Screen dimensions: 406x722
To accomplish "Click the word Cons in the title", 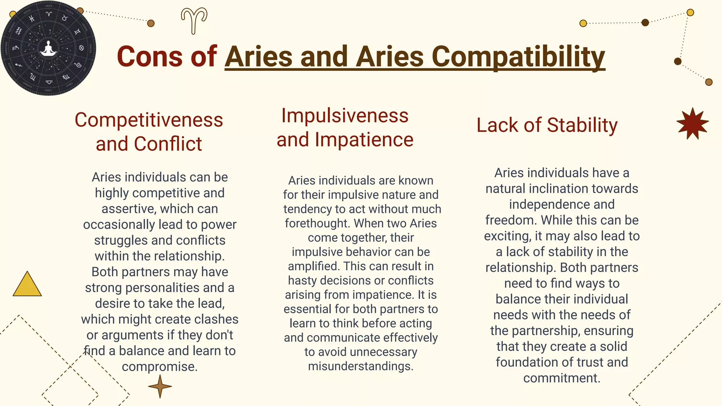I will tap(150, 56).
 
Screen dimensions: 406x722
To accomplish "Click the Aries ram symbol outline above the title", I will tap(194, 20).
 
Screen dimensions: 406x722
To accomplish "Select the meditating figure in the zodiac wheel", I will tap(48, 48).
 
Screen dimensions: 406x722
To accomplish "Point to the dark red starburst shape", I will tap(692, 123).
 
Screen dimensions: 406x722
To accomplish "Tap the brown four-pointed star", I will tap(160, 386).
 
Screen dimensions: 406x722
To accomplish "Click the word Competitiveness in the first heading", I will tap(149, 120).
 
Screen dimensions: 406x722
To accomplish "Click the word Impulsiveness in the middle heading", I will tap(345, 116).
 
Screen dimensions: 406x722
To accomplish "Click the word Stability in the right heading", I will tap(582, 125).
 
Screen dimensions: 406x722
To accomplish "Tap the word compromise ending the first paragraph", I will tap(159, 367).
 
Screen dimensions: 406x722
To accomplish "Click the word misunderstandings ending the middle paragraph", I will tap(360, 366).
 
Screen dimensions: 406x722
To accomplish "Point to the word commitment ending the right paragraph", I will tap(561, 378).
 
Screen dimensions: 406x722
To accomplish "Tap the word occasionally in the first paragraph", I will tap(119, 224).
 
